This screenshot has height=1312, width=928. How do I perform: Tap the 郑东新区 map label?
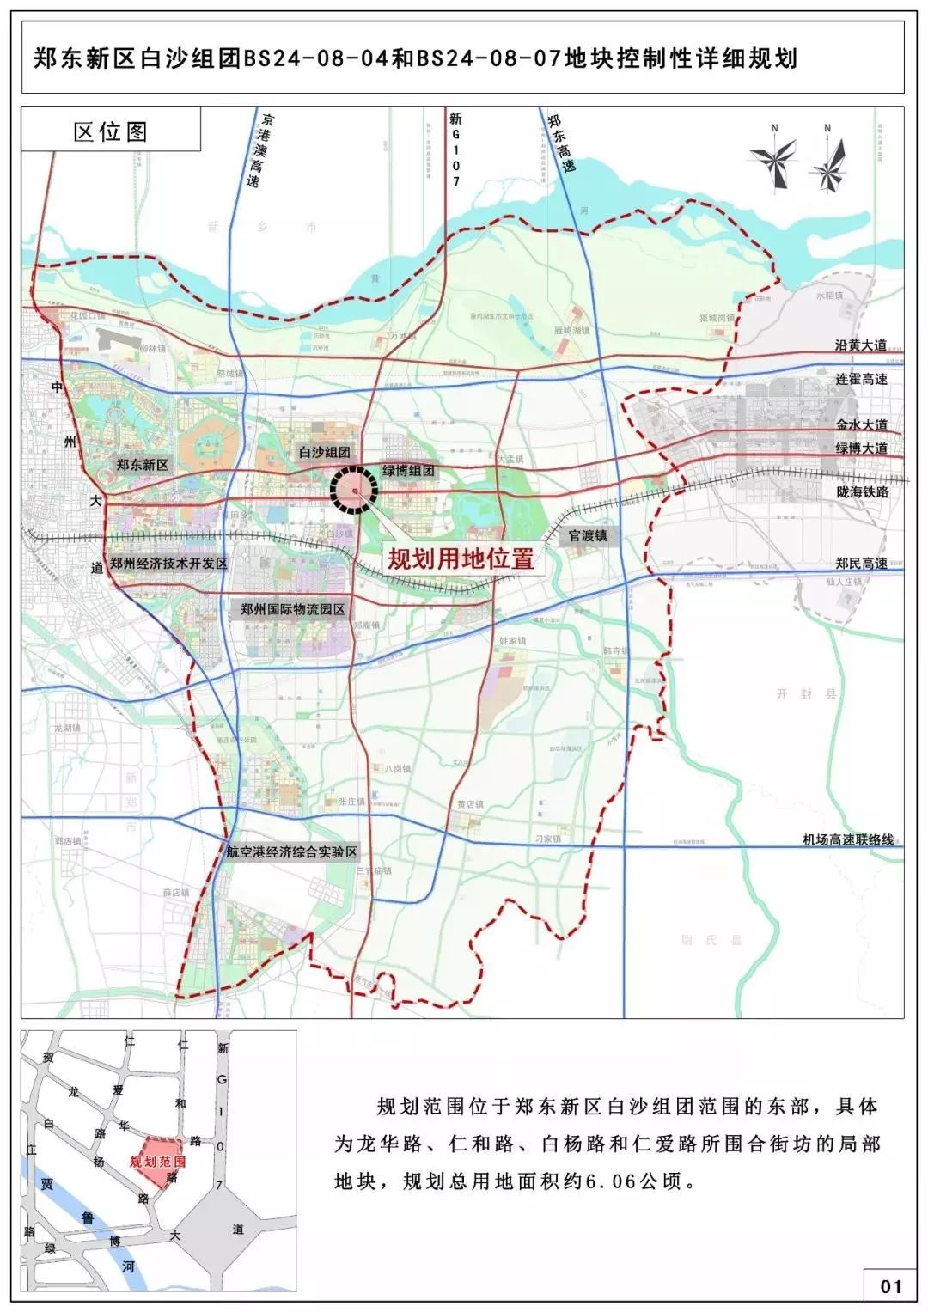point(143,464)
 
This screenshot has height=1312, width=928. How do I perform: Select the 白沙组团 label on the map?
point(325,452)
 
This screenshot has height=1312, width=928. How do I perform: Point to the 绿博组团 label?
point(408,471)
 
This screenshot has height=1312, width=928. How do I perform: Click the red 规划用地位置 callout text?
point(461,559)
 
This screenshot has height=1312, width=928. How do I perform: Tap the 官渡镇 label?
point(588,535)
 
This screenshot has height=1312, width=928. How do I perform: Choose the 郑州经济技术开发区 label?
point(168,563)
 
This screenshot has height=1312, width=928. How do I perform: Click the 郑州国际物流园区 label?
point(292,608)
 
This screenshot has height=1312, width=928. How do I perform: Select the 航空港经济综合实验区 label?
point(291,852)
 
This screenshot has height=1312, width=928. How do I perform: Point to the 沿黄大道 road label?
point(861,345)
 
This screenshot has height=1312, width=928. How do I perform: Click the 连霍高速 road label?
point(861,379)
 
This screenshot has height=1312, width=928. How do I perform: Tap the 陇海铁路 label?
point(861,491)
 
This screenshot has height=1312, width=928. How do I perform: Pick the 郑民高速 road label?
point(861,563)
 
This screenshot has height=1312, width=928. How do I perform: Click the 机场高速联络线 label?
point(848,839)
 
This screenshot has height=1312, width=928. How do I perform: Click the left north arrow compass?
point(773,160)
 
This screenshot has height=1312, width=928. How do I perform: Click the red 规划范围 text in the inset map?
point(158,1161)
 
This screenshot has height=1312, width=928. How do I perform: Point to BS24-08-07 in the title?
point(487,58)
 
